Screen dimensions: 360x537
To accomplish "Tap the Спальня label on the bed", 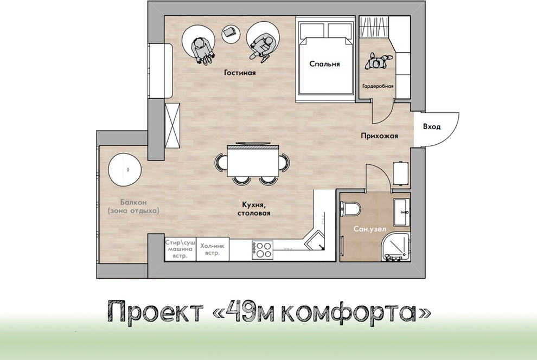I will point(324,64).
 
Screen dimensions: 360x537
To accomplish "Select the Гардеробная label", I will point(376,86).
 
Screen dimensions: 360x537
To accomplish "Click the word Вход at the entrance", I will point(431,126).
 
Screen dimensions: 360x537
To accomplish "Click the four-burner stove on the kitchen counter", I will point(263,249).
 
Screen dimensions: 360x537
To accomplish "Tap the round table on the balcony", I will point(124,170).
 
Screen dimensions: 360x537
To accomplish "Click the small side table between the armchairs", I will point(230,33).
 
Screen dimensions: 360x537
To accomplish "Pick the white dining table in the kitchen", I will point(252,162).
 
